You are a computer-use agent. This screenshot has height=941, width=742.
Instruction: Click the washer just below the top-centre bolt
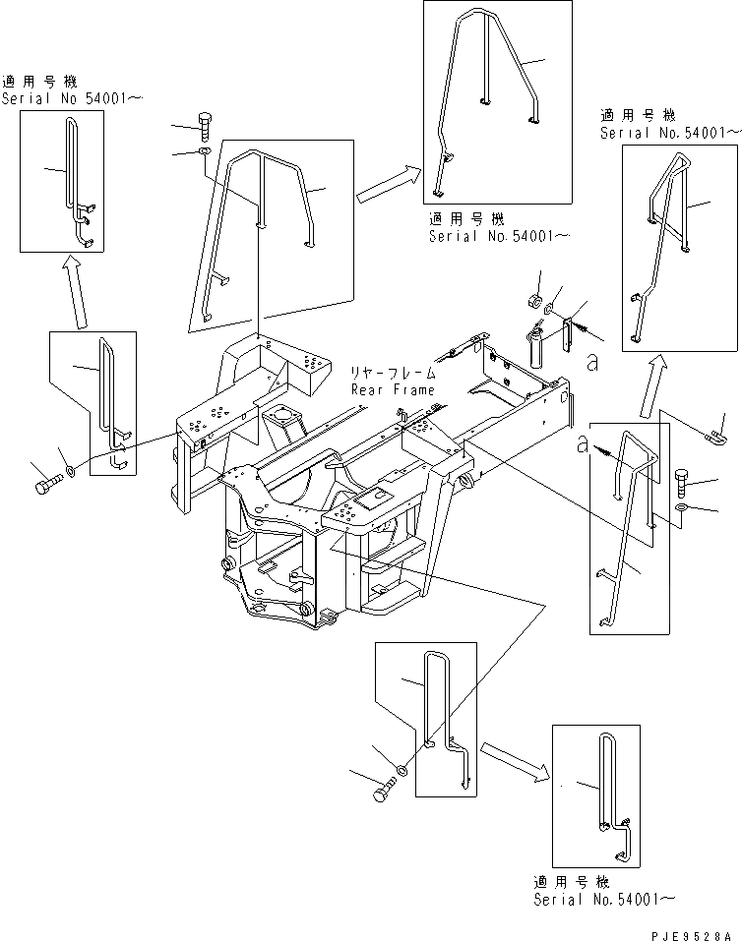click(x=203, y=151)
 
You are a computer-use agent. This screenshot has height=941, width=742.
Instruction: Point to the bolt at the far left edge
click(x=47, y=486)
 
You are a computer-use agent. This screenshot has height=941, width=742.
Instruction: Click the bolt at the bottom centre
click(x=384, y=790)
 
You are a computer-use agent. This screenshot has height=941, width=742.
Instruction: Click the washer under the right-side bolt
click(x=683, y=507)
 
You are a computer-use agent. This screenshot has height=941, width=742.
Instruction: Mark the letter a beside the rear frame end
click(x=591, y=363)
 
